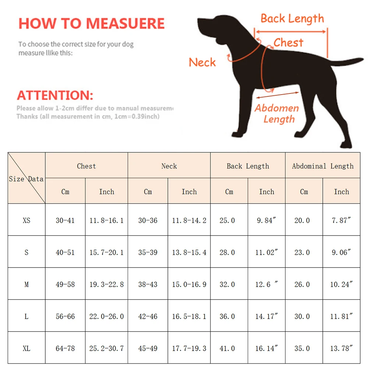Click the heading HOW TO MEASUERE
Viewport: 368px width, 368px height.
92,24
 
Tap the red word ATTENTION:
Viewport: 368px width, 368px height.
55,95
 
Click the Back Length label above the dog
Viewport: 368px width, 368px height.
292,18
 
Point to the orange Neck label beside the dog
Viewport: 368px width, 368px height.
202,62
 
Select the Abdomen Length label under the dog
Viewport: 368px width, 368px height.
277,114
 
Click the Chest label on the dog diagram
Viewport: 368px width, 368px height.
289,43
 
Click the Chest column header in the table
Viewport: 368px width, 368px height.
86,166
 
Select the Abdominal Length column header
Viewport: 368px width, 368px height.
323,166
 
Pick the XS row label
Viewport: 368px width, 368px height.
26,220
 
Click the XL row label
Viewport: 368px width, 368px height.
26,348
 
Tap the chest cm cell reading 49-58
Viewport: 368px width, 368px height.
65,284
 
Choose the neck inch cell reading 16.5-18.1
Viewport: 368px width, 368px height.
189,316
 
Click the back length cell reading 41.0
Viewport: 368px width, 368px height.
229,348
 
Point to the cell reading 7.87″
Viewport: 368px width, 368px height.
341,220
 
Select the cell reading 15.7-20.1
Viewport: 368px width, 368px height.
106,252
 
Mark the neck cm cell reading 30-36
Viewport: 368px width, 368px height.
148,220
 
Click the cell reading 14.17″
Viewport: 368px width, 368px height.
267,316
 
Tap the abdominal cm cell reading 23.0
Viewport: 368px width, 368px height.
304,252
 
